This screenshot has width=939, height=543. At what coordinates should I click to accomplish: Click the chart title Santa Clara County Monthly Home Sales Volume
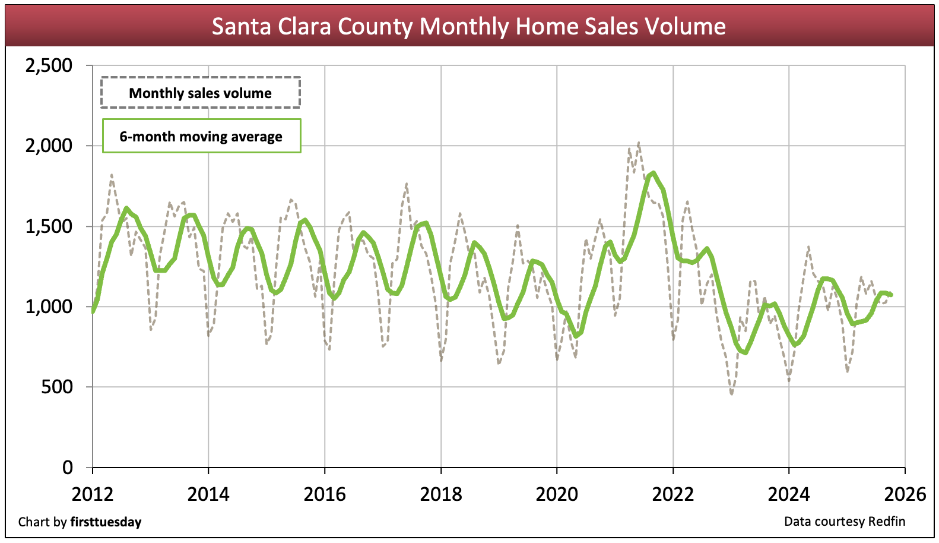[469, 26]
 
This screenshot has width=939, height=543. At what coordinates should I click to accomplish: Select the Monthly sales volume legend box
[201, 93]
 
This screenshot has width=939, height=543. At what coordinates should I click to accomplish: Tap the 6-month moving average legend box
[201, 136]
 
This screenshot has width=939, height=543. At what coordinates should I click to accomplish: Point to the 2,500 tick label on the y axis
[49, 65]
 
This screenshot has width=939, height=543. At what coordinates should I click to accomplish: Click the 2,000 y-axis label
[49, 146]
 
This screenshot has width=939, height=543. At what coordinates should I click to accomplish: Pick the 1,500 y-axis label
[49, 226]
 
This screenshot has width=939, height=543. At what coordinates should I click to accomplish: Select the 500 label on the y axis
[57, 387]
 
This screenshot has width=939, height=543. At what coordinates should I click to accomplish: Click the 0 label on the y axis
[68, 468]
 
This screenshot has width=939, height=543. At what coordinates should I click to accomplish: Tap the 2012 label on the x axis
[93, 494]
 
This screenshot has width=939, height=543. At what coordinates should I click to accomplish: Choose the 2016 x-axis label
[325, 494]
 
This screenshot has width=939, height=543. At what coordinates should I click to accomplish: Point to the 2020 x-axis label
[557, 494]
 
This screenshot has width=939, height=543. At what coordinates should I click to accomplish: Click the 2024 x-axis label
[789, 494]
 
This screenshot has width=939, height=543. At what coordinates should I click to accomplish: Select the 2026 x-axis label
[905, 494]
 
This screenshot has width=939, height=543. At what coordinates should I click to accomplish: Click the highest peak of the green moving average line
[653, 173]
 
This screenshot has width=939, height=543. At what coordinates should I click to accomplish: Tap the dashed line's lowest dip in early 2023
[731, 393]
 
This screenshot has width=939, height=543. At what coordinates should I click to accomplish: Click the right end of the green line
[891, 294]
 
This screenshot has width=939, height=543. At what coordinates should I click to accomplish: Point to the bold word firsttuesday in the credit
[106, 522]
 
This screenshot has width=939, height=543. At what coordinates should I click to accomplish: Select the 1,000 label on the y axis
[49, 307]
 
